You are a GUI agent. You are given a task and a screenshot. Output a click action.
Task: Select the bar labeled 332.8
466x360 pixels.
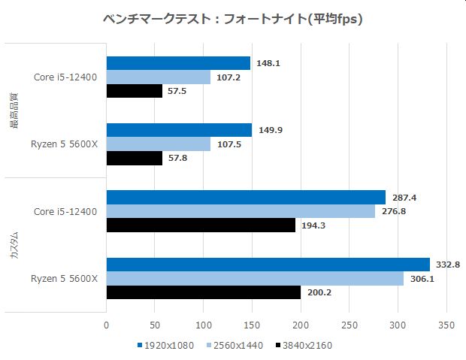click(268, 265)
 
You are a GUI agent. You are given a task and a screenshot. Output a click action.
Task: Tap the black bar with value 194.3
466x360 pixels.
click(201, 225)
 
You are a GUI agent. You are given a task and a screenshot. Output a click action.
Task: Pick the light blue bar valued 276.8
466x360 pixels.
click(241, 211)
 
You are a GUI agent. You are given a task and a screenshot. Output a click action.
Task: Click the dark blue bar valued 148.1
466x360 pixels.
click(178, 63)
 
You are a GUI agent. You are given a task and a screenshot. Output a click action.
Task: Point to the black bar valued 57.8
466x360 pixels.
click(135, 158)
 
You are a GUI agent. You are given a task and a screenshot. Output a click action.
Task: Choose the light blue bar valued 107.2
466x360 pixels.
click(159, 77)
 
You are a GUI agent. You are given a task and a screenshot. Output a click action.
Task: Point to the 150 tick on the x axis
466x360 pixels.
click(252, 326)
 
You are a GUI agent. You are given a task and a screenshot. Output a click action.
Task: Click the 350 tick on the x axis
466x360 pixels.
click(446, 326)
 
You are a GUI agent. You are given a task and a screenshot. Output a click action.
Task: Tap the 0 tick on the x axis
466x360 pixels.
click(106, 326)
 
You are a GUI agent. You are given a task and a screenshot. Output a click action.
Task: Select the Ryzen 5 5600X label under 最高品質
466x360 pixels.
click(65, 144)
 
